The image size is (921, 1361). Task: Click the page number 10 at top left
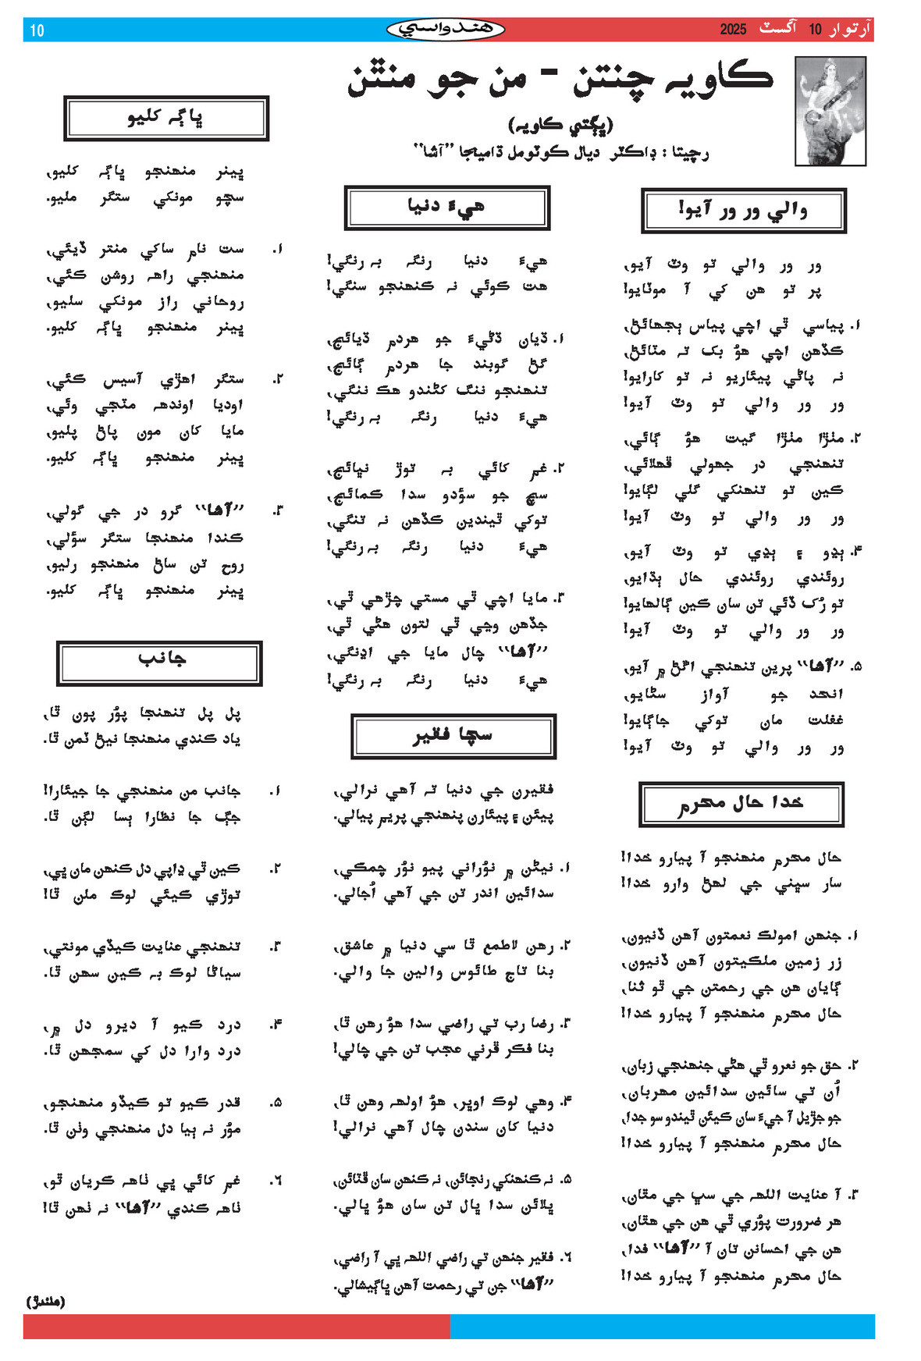tap(37, 30)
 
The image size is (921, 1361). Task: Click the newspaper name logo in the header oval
tap(445, 30)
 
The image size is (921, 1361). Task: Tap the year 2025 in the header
tap(733, 30)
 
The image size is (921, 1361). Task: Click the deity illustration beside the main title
tap(830, 110)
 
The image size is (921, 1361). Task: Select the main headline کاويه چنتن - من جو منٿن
tap(560, 80)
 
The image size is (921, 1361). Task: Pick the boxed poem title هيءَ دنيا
tap(446, 208)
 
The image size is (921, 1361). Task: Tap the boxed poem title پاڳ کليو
tap(165, 118)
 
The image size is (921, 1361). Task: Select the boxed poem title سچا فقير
tap(453, 736)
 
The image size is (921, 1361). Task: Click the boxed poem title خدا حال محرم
tap(741, 804)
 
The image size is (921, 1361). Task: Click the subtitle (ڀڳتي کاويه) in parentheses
tap(560, 125)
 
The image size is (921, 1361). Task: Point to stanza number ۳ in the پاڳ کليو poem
tap(277, 510)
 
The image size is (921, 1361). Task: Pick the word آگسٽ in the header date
tap(778, 29)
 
